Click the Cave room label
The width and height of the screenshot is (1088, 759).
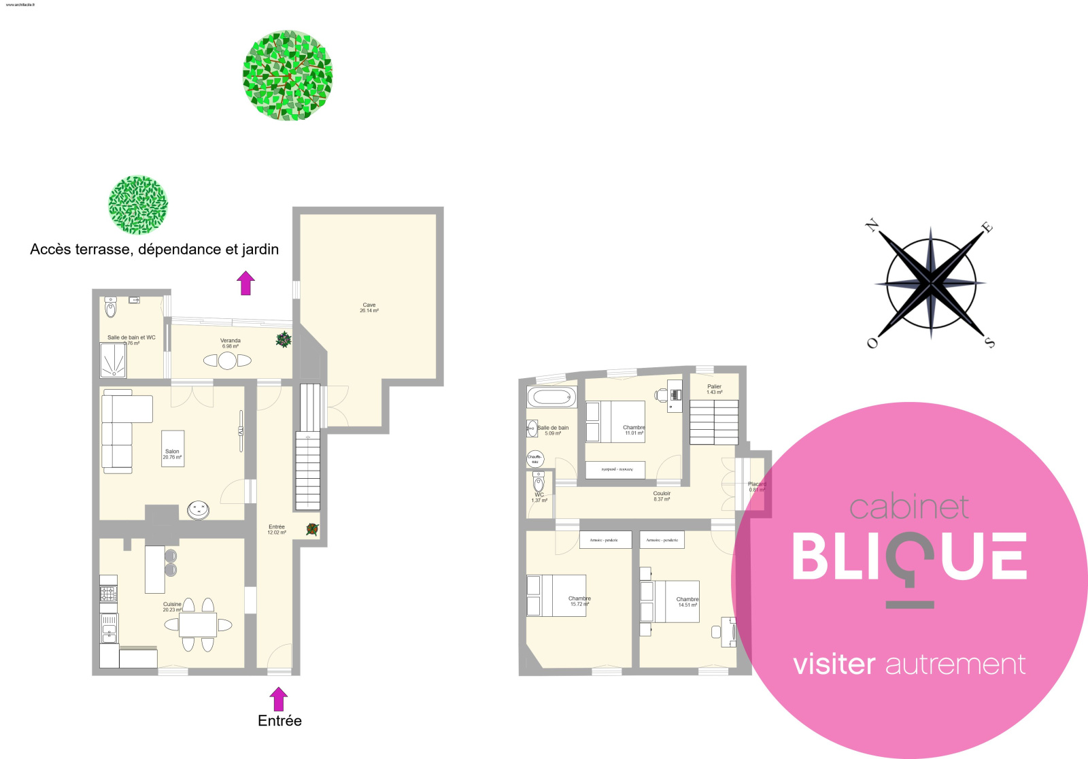(369, 307)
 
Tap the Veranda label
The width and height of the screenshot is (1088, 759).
(231, 343)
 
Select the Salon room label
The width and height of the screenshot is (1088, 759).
(172, 454)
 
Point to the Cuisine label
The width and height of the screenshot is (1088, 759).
(172, 607)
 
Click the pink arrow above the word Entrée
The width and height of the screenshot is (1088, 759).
(278, 698)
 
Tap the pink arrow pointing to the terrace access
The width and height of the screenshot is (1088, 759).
(245, 282)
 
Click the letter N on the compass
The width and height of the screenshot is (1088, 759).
(872, 226)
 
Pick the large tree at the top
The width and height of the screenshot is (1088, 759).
(288, 75)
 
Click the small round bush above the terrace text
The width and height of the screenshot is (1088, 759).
(138, 204)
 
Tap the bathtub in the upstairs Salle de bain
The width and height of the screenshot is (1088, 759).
(551, 397)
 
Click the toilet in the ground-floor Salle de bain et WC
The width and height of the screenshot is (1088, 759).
(111, 309)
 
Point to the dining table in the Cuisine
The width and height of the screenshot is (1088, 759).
(198, 624)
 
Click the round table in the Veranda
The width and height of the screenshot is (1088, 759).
(227, 360)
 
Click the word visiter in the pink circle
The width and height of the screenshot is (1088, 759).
(834, 664)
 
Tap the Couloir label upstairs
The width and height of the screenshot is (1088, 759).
(662, 496)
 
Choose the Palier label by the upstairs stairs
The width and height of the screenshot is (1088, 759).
(714, 389)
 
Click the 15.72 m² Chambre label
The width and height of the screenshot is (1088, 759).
(579, 601)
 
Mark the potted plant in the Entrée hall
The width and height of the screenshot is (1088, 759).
(312, 528)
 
